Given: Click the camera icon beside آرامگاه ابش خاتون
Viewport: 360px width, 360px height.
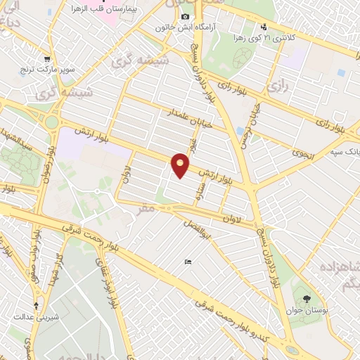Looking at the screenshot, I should tap(185, 16).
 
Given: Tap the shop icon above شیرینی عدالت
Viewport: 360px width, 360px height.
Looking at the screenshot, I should tap(36, 306).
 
